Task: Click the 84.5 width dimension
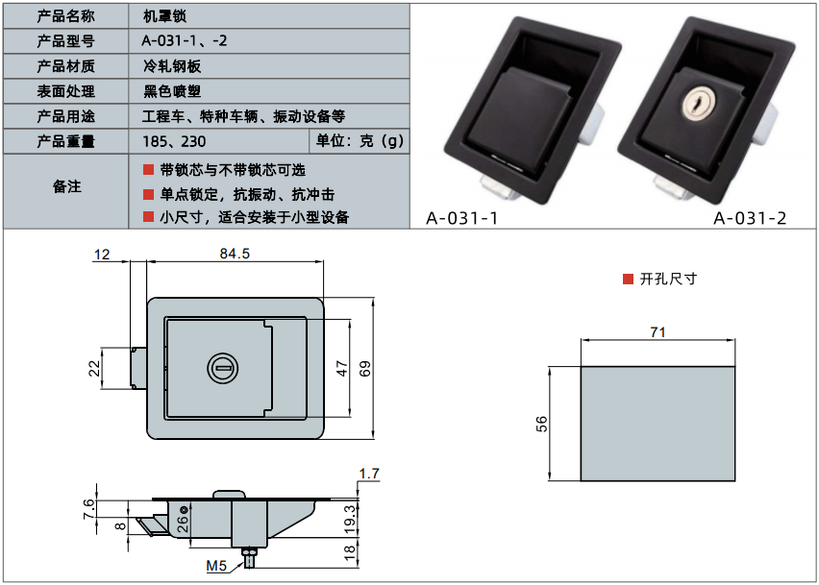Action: tap(235, 255)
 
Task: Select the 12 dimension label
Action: tap(103, 255)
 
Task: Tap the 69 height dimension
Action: tap(365, 368)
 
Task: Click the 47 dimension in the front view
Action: tap(341, 368)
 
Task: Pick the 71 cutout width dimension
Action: tap(658, 332)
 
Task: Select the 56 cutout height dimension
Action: tap(542, 423)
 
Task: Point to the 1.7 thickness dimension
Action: tap(368, 473)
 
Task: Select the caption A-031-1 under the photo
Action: tap(461, 218)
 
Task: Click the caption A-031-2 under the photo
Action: tap(750, 218)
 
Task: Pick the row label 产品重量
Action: tap(65, 142)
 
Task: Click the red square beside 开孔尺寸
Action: tap(628, 280)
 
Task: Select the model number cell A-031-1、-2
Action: tap(184, 41)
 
